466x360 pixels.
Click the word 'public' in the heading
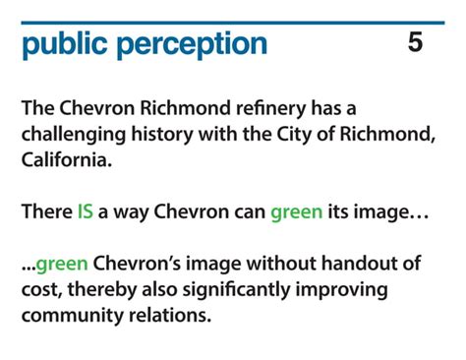tap(64, 44)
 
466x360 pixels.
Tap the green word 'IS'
tap(86, 211)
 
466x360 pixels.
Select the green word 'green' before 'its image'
tap(296, 211)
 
